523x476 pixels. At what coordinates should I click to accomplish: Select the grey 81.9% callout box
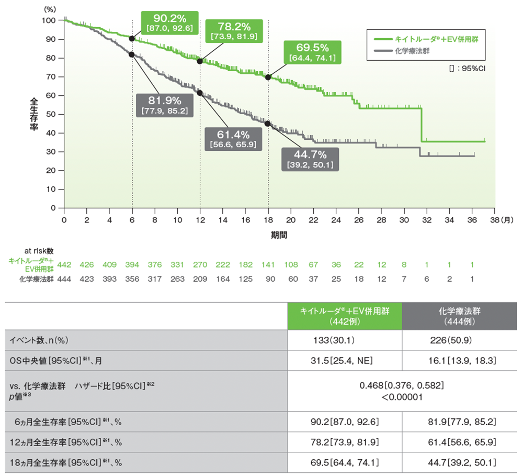click(164, 105)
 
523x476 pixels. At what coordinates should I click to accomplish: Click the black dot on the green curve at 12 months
click(200, 61)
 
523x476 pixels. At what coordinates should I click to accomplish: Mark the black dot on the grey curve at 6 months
click(132, 54)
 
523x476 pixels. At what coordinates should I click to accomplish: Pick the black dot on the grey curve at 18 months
click(268, 124)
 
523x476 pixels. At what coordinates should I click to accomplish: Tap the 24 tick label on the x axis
click(336, 220)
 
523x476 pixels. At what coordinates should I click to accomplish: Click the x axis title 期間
click(279, 236)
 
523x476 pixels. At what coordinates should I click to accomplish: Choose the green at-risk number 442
click(64, 264)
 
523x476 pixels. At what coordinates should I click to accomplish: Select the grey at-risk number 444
click(64, 279)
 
